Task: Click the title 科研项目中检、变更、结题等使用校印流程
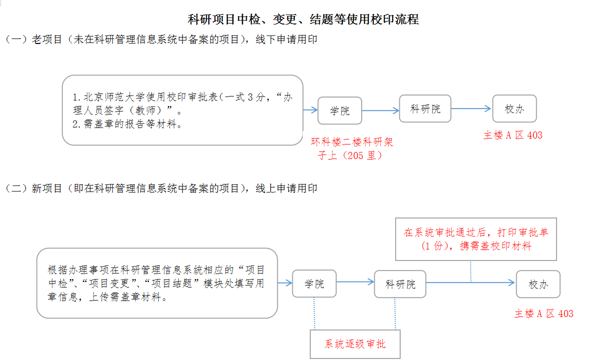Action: (303, 19)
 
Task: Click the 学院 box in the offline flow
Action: (340, 110)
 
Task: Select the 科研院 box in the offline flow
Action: (425, 108)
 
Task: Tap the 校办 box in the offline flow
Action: (514, 108)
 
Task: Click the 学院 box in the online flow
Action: (314, 283)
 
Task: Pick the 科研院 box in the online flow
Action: (400, 284)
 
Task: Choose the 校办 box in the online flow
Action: (538, 284)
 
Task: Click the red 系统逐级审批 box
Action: (355, 344)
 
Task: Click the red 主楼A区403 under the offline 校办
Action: (513, 135)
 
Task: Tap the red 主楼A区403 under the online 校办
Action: (544, 313)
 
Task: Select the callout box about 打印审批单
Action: (476, 239)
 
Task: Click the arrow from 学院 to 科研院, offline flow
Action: (380, 110)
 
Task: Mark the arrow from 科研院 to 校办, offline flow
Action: (472, 108)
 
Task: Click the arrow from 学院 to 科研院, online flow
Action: (355, 282)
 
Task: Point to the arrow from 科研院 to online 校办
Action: (470, 283)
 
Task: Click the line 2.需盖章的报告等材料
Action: (127, 124)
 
